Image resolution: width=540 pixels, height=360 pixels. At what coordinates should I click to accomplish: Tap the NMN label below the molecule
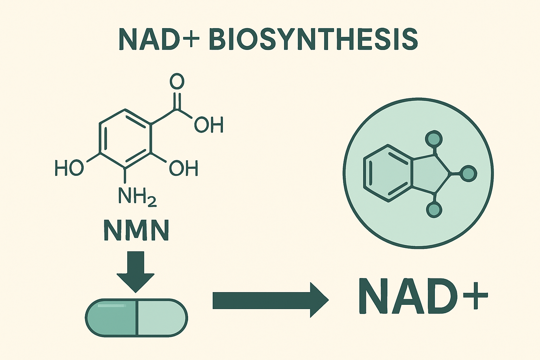[136, 231]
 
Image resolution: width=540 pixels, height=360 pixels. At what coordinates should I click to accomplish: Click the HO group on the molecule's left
[69, 168]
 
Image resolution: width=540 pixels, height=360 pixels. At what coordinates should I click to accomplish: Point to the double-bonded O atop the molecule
[177, 82]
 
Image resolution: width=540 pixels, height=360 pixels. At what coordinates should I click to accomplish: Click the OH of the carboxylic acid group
[209, 125]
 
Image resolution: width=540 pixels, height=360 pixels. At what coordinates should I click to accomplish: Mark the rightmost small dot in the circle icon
[468, 173]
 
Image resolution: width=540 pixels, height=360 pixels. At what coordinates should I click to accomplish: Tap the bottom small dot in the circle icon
[434, 210]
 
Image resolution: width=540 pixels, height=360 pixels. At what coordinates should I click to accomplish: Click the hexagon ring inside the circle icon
[387, 173]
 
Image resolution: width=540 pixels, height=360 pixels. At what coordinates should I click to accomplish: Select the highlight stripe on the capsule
[111, 306]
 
